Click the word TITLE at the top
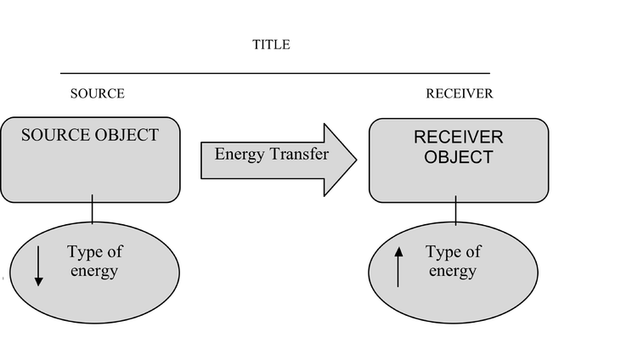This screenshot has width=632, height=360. [x=271, y=44]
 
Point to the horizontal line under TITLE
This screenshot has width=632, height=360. [x=275, y=73]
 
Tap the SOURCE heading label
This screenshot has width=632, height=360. [x=98, y=93]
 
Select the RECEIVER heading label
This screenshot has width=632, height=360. [x=460, y=93]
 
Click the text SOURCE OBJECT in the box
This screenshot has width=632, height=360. [x=90, y=135]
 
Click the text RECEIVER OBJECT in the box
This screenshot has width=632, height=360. [x=459, y=147]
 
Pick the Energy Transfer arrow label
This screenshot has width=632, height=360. [x=272, y=154]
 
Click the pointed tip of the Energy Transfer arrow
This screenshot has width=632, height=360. [x=357, y=160]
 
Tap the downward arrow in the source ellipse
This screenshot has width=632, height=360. [x=39, y=266]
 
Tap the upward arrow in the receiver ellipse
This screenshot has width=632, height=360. [x=398, y=267]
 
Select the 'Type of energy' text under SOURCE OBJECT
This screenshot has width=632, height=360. [x=95, y=261]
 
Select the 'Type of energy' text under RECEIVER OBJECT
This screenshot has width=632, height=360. [x=453, y=261]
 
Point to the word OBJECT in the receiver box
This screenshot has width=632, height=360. [x=459, y=157]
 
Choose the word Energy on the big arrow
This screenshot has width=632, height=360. [x=240, y=155]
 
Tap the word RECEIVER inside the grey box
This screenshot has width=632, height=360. [x=459, y=138]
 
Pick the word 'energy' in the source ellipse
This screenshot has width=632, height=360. [x=94, y=271]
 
